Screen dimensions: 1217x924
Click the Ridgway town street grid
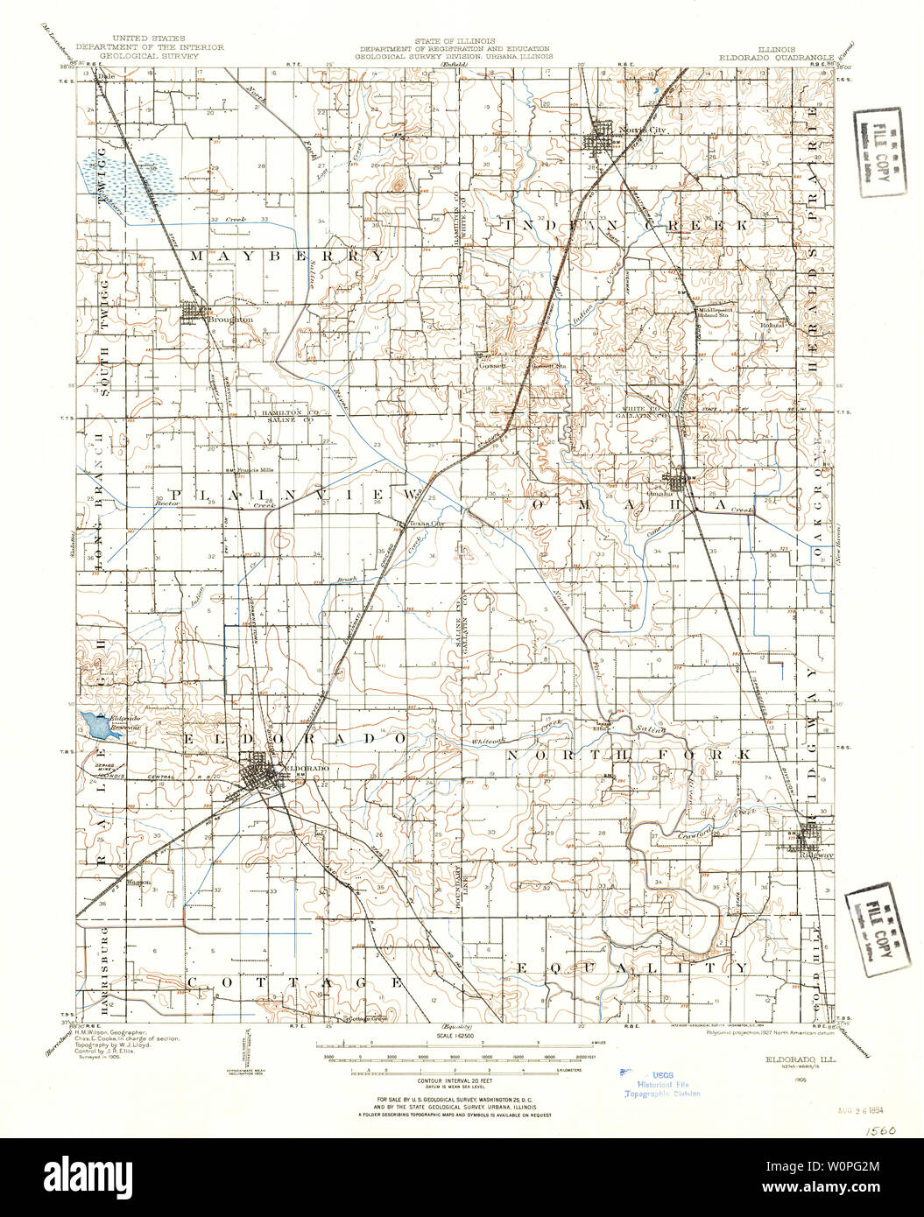click(x=807, y=840)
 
